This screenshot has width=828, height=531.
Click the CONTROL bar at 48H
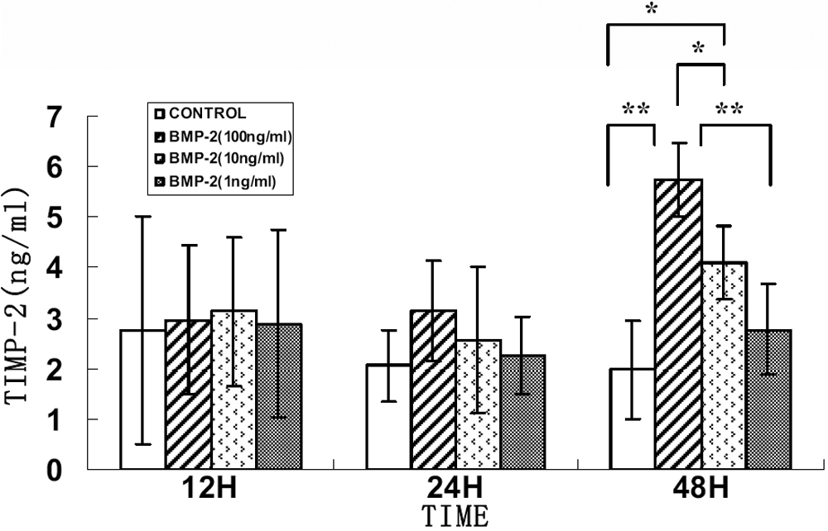(x=631, y=419)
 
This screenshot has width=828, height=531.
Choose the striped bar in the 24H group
(x=433, y=389)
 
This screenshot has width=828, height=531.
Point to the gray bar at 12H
(x=278, y=396)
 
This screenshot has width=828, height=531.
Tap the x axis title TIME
(x=453, y=516)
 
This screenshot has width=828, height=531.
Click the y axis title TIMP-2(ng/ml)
(x=18, y=294)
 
